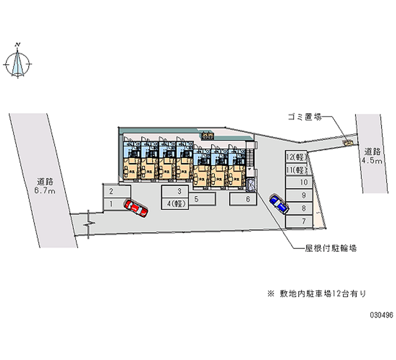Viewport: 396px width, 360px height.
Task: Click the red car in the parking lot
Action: coord(136,208)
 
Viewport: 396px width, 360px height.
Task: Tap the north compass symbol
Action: coord(19,63)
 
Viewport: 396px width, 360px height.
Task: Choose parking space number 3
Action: coord(180,191)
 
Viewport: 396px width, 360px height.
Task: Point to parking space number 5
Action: coord(202,200)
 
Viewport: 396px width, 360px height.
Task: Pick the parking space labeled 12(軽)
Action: coord(297,157)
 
